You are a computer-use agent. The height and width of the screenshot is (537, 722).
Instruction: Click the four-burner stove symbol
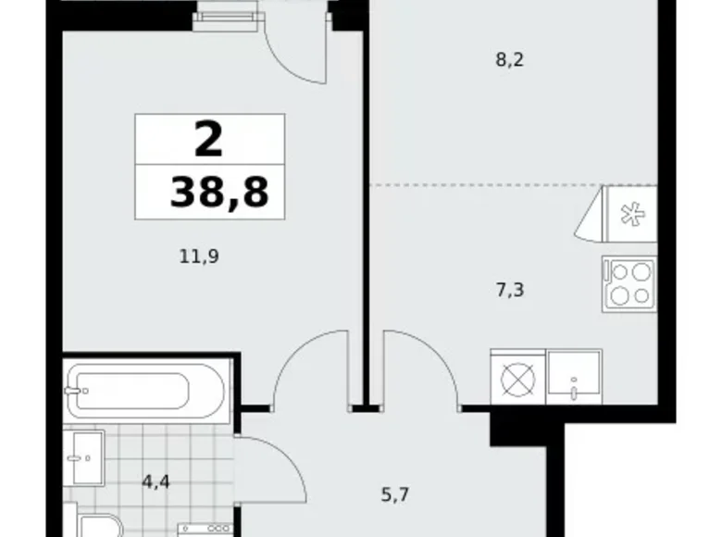[x=629, y=282]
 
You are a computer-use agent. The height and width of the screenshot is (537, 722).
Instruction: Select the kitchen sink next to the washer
[x=574, y=376]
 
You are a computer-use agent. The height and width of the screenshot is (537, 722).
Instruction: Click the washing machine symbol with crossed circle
[x=517, y=378]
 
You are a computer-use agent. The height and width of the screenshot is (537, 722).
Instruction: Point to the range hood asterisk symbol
[x=629, y=214]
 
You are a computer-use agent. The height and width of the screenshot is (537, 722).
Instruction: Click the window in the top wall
[x=226, y=11]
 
